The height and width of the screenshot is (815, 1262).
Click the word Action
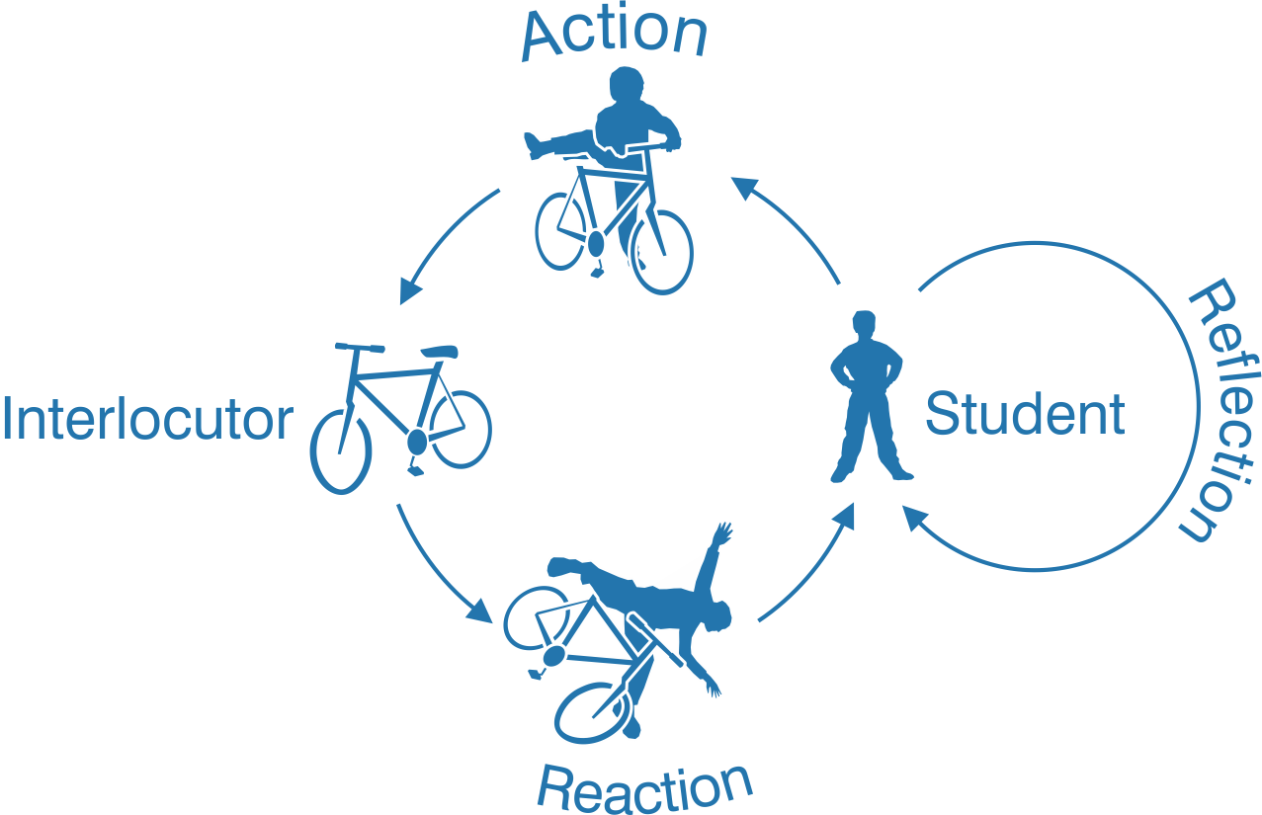click(614, 36)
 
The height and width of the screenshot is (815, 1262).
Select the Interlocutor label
click(148, 420)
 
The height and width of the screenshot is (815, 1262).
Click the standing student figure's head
click(864, 327)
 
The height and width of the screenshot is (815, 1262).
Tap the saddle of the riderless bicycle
click(439, 351)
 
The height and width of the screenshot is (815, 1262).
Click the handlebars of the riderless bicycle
click(359, 347)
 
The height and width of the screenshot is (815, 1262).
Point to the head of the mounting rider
click(627, 87)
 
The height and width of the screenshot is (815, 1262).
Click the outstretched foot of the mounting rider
click(537, 145)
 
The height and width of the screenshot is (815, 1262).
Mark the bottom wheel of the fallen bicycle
click(593, 711)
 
